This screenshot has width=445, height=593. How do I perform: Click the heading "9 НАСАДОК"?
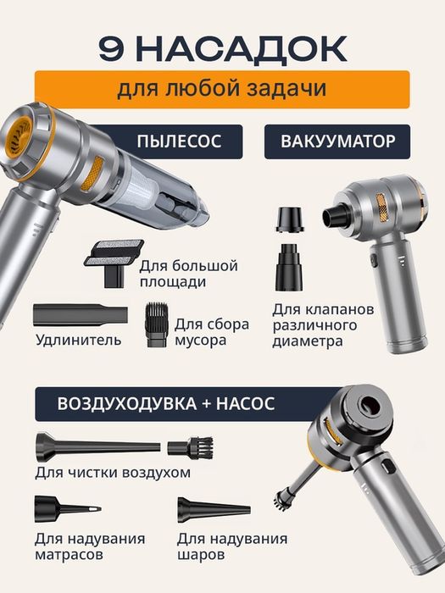tap(222, 48)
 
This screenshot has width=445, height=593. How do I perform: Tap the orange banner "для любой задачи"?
tap(222, 89)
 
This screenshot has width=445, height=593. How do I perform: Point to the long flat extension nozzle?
tap(80, 315)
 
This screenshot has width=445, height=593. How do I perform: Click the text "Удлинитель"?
tap(79, 341)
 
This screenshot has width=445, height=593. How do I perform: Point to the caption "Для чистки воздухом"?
tap(113, 473)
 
